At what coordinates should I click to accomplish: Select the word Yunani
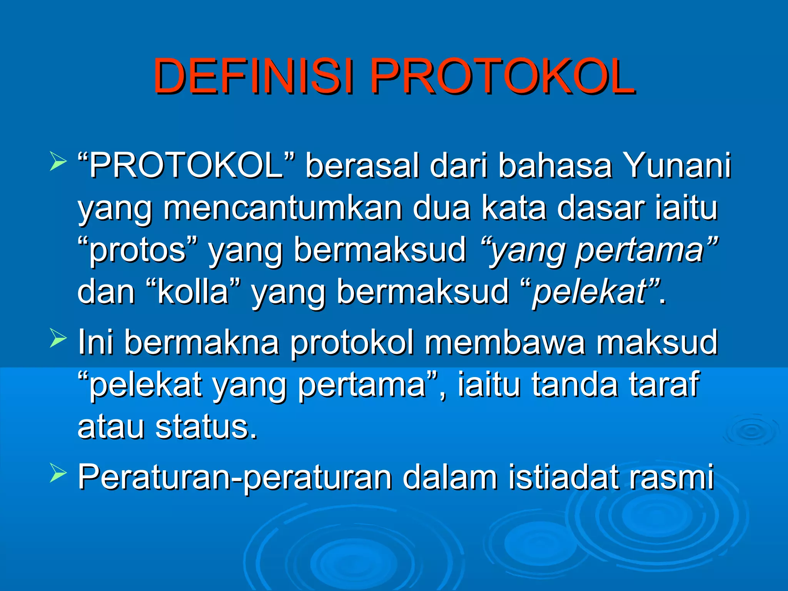tap(677, 166)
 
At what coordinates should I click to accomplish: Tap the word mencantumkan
tap(283, 208)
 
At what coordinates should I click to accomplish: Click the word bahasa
tap(555, 166)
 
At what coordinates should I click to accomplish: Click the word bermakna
tap(202, 342)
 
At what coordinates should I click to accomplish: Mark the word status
tap(206, 427)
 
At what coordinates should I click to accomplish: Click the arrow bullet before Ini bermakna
tap(58, 339)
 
